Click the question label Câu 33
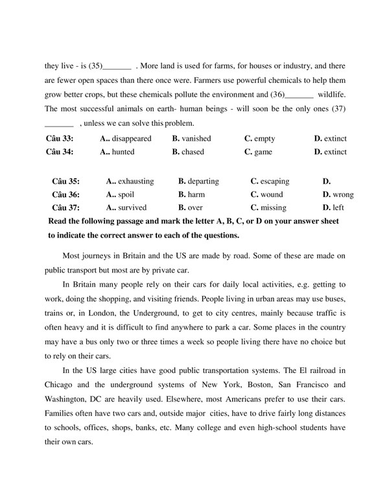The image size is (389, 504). pos(60,139)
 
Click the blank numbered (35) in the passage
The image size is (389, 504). pos(117,67)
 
